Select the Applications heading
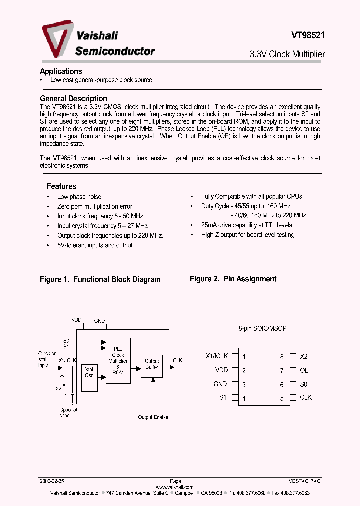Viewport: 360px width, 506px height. (61, 71)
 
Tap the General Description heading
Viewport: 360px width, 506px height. (73, 99)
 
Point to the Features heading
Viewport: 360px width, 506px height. (61, 186)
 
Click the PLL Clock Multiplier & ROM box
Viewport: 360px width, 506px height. (118, 360)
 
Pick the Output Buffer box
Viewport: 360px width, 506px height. (152, 364)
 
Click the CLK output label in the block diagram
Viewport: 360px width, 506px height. (177, 360)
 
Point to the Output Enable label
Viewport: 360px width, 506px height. (153, 417)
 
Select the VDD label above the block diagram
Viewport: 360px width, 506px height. (76, 320)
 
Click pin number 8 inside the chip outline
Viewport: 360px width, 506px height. (282, 357)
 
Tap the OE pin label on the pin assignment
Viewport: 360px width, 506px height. (304, 370)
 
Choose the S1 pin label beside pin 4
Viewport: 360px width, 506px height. (222, 398)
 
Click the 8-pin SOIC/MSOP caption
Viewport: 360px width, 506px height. (262, 329)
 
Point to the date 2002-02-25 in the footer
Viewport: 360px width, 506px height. (51, 481)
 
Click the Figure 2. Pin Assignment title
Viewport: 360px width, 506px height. (233, 279)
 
